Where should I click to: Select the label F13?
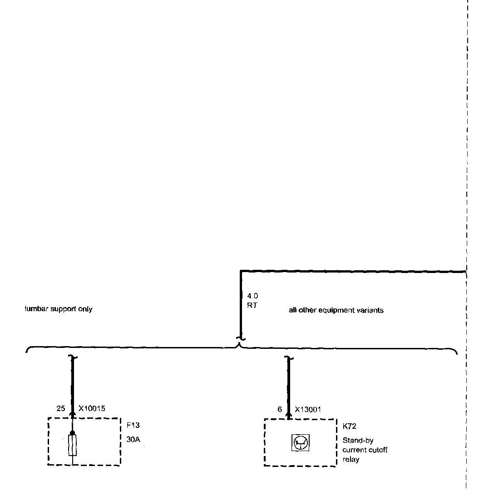(x=133, y=426)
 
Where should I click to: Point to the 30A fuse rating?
(x=133, y=440)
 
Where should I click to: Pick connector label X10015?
(x=92, y=409)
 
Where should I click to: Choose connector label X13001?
(x=308, y=409)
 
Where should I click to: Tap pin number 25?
(x=61, y=409)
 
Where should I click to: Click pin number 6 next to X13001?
(x=280, y=409)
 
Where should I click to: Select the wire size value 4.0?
(x=252, y=296)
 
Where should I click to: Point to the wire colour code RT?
(x=252, y=305)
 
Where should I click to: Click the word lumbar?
(x=36, y=309)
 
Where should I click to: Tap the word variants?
(x=371, y=311)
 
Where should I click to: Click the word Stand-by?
(x=358, y=441)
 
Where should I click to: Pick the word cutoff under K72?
(x=378, y=450)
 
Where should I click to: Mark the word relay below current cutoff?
(x=351, y=459)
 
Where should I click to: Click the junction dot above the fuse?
(x=73, y=433)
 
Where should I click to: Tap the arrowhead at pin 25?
(x=73, y=414)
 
